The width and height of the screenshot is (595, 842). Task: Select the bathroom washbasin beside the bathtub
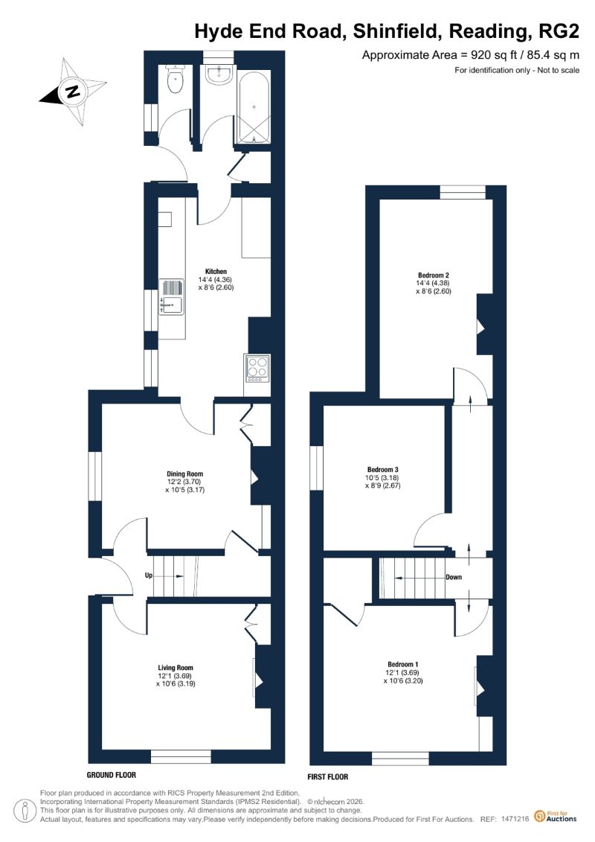pyautogui.click(x=219, y=75)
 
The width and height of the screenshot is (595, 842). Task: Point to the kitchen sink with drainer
pyautogui.click(x=172, y=297)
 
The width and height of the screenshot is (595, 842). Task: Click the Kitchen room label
pyautogui.click(x=216, y=271)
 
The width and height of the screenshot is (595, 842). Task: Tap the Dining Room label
pyautogui.click(x=184, y=473)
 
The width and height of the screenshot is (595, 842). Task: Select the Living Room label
pyautogui.click(x=176, y=668)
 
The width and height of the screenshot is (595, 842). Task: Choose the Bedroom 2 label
pyautogui.click(x=434, y=275)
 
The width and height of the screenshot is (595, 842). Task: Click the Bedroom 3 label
pyautogui.click(x=382, y=469)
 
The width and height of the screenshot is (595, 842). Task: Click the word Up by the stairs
pyautogui.click(x=149, y=575)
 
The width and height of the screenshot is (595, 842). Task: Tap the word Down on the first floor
pyautogui.click(x=454, y=577)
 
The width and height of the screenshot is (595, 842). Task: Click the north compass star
pyautogui.click(x=72, y=92)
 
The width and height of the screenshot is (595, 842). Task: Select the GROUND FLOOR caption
pyautogui.click(x=111, y=774)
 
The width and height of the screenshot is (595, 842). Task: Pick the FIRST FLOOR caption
pyautogui.click(x=328, y=776)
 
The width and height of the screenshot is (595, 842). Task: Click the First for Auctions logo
pyautogui.click(x=556, y=816)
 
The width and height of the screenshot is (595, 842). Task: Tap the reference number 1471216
pyautogui.click(x=515, y=819)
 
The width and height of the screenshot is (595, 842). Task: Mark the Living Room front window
pyautogui.click(x=181, y=756)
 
